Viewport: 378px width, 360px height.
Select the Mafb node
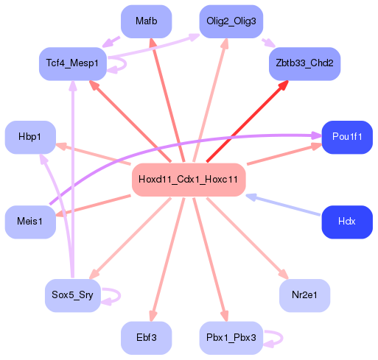tap(146, 21)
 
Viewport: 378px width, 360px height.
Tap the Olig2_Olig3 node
tap(231, 21)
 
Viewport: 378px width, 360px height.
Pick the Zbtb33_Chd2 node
tap(304, 64)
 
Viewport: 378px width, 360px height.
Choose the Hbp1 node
tap(30, 137)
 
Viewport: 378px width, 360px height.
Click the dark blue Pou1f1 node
tap(346, 137)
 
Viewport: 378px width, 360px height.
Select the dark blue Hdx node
tap(346, 222)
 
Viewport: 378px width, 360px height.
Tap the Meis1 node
tap(30, 222)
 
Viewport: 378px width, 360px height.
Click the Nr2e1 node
tap(304, 295)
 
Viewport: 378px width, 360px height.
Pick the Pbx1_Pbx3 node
tap(231, 338)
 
